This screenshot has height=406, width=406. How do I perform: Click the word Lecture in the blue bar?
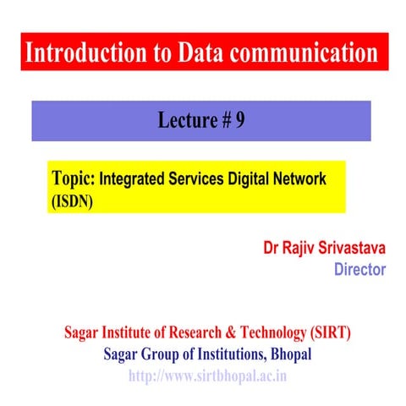(187, 120)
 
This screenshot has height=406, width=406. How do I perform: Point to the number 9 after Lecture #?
(240, 120)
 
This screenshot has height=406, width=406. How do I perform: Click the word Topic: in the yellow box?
(74, 179)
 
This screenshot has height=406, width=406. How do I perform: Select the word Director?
(359, 270)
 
